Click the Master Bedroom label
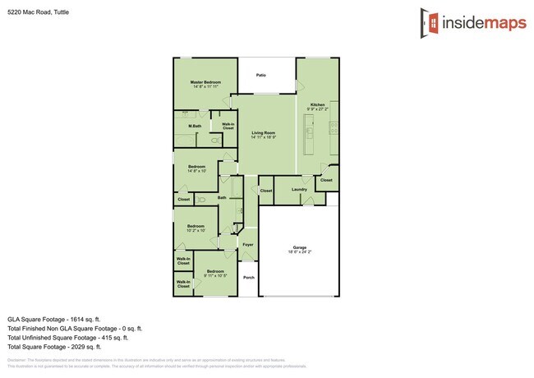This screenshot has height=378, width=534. coord(205,82)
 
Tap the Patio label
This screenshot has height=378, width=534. coord(260,75)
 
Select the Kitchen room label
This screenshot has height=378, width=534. coord(317,105)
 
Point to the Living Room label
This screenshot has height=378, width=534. coord(263,132)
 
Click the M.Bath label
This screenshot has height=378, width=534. coord(195,126)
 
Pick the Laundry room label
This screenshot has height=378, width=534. coord(299,190)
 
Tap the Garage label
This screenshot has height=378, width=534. coord(299,247)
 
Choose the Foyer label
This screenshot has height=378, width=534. coord(247,244)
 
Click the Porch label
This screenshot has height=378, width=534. coord(248,277)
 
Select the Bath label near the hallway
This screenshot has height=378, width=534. coord(222,198)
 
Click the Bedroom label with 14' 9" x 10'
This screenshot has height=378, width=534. coord(196,167)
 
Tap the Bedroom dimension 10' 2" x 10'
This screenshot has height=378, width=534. coord(196,230)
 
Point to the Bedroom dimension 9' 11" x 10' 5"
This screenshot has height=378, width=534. coord(215,275)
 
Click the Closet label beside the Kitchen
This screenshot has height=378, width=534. coord(326,180)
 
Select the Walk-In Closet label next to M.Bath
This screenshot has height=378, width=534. coord(228,127)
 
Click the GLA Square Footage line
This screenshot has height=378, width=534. coord(53,318)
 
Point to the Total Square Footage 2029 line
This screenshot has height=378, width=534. coord(53,347)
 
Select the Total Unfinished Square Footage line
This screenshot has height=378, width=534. coord(67,337)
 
